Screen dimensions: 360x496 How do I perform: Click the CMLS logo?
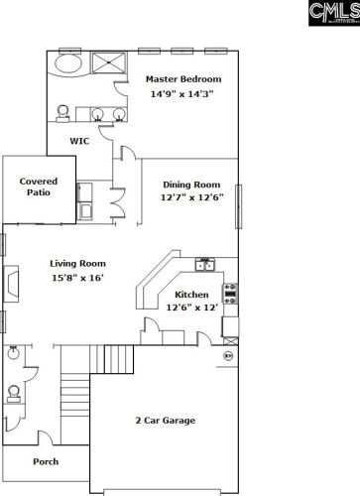[x=334, y=13]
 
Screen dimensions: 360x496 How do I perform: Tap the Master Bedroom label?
[x=183, y=79]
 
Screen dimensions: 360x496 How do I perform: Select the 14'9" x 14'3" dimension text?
[x=182, y=94]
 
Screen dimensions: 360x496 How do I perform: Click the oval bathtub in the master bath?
[x=68, y=63]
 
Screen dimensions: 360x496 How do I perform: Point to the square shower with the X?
[x=109, y=62]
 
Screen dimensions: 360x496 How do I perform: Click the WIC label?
[x=79, y=141]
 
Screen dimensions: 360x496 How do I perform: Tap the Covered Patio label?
[x=39, y=186]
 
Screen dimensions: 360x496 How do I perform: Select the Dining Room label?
[x=191, y=185]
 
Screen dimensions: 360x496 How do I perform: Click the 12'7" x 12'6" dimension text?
[x=192, y=197]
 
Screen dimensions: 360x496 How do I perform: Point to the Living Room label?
[x=78, y=264]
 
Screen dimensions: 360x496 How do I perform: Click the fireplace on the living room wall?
[x=11, y=284]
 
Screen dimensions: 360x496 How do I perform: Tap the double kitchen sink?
[x=205, y=265]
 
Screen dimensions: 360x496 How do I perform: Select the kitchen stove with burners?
[x=230, y=294]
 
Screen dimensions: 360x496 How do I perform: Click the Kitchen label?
[x=191, y=295]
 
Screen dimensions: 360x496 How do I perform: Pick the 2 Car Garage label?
[x=166, y=421]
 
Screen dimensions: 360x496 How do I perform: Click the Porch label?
[x=46, y=461]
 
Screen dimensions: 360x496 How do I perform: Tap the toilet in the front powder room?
[x=14, y=394]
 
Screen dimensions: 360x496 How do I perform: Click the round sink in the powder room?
[x=13, y=353]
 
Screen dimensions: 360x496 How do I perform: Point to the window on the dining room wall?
[x=238, y=206]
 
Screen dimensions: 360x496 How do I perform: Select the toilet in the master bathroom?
[x=62, y=113]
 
